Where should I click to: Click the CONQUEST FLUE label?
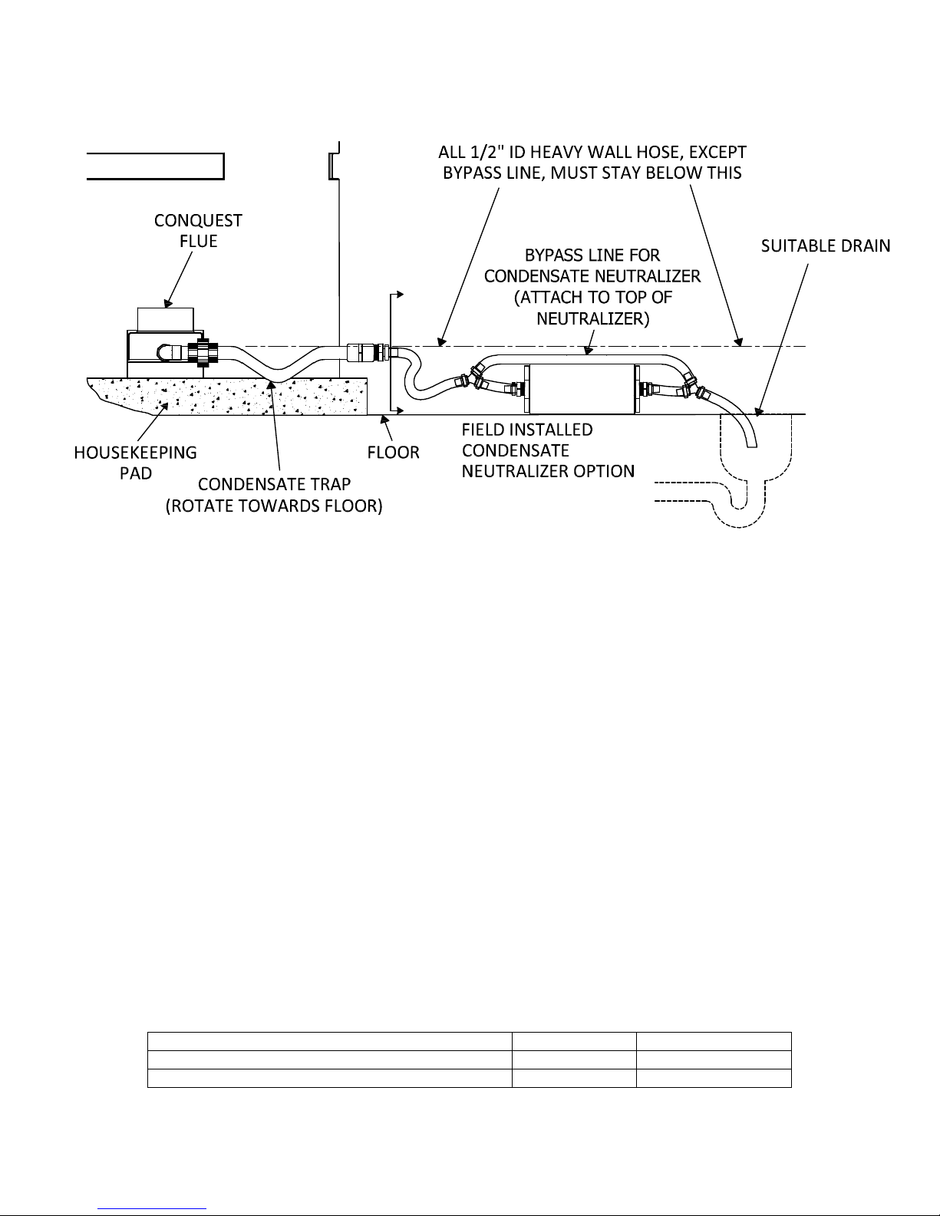coord(198,231)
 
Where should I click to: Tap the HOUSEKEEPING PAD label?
coord(135,463)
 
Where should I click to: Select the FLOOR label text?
coord(394,452)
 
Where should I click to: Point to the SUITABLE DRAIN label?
coord(826,246)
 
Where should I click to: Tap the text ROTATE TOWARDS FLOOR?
coord(274,506)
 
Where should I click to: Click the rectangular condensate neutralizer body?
coord(582,389)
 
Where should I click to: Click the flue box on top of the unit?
coord(166,319)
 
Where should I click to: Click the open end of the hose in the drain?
coord(753,444)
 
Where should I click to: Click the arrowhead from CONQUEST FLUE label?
coord(167,304)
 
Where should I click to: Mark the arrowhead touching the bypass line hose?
coord(588,351)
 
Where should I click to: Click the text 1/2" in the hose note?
coord(484,152)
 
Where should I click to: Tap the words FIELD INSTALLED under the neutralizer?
coord(527,430)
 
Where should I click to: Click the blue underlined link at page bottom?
coord(152,1209)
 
